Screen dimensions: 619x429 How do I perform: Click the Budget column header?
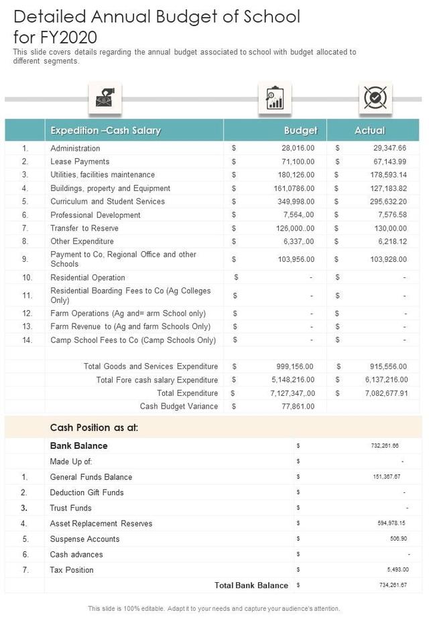[x=300, y=131]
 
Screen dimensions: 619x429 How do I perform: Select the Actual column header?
[x=369, y=131]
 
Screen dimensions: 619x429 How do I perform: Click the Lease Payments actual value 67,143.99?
[x=386, y=161]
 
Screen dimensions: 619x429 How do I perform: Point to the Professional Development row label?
[x=95, y=215]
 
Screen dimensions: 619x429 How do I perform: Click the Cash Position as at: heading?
[x=94, y=427]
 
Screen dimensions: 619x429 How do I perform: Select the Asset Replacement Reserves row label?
[x=101, y=524]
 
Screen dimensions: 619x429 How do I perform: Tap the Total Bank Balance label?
[x=251, y=586]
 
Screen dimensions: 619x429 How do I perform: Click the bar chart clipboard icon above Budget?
[x=274, y=98]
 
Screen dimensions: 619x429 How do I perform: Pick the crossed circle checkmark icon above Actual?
[x=375, y=98]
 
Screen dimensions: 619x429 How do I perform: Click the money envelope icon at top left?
[x=106, y=98]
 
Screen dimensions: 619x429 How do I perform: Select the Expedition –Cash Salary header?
[x=105, y=131]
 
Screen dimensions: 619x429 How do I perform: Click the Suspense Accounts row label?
[x=84, y=539]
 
